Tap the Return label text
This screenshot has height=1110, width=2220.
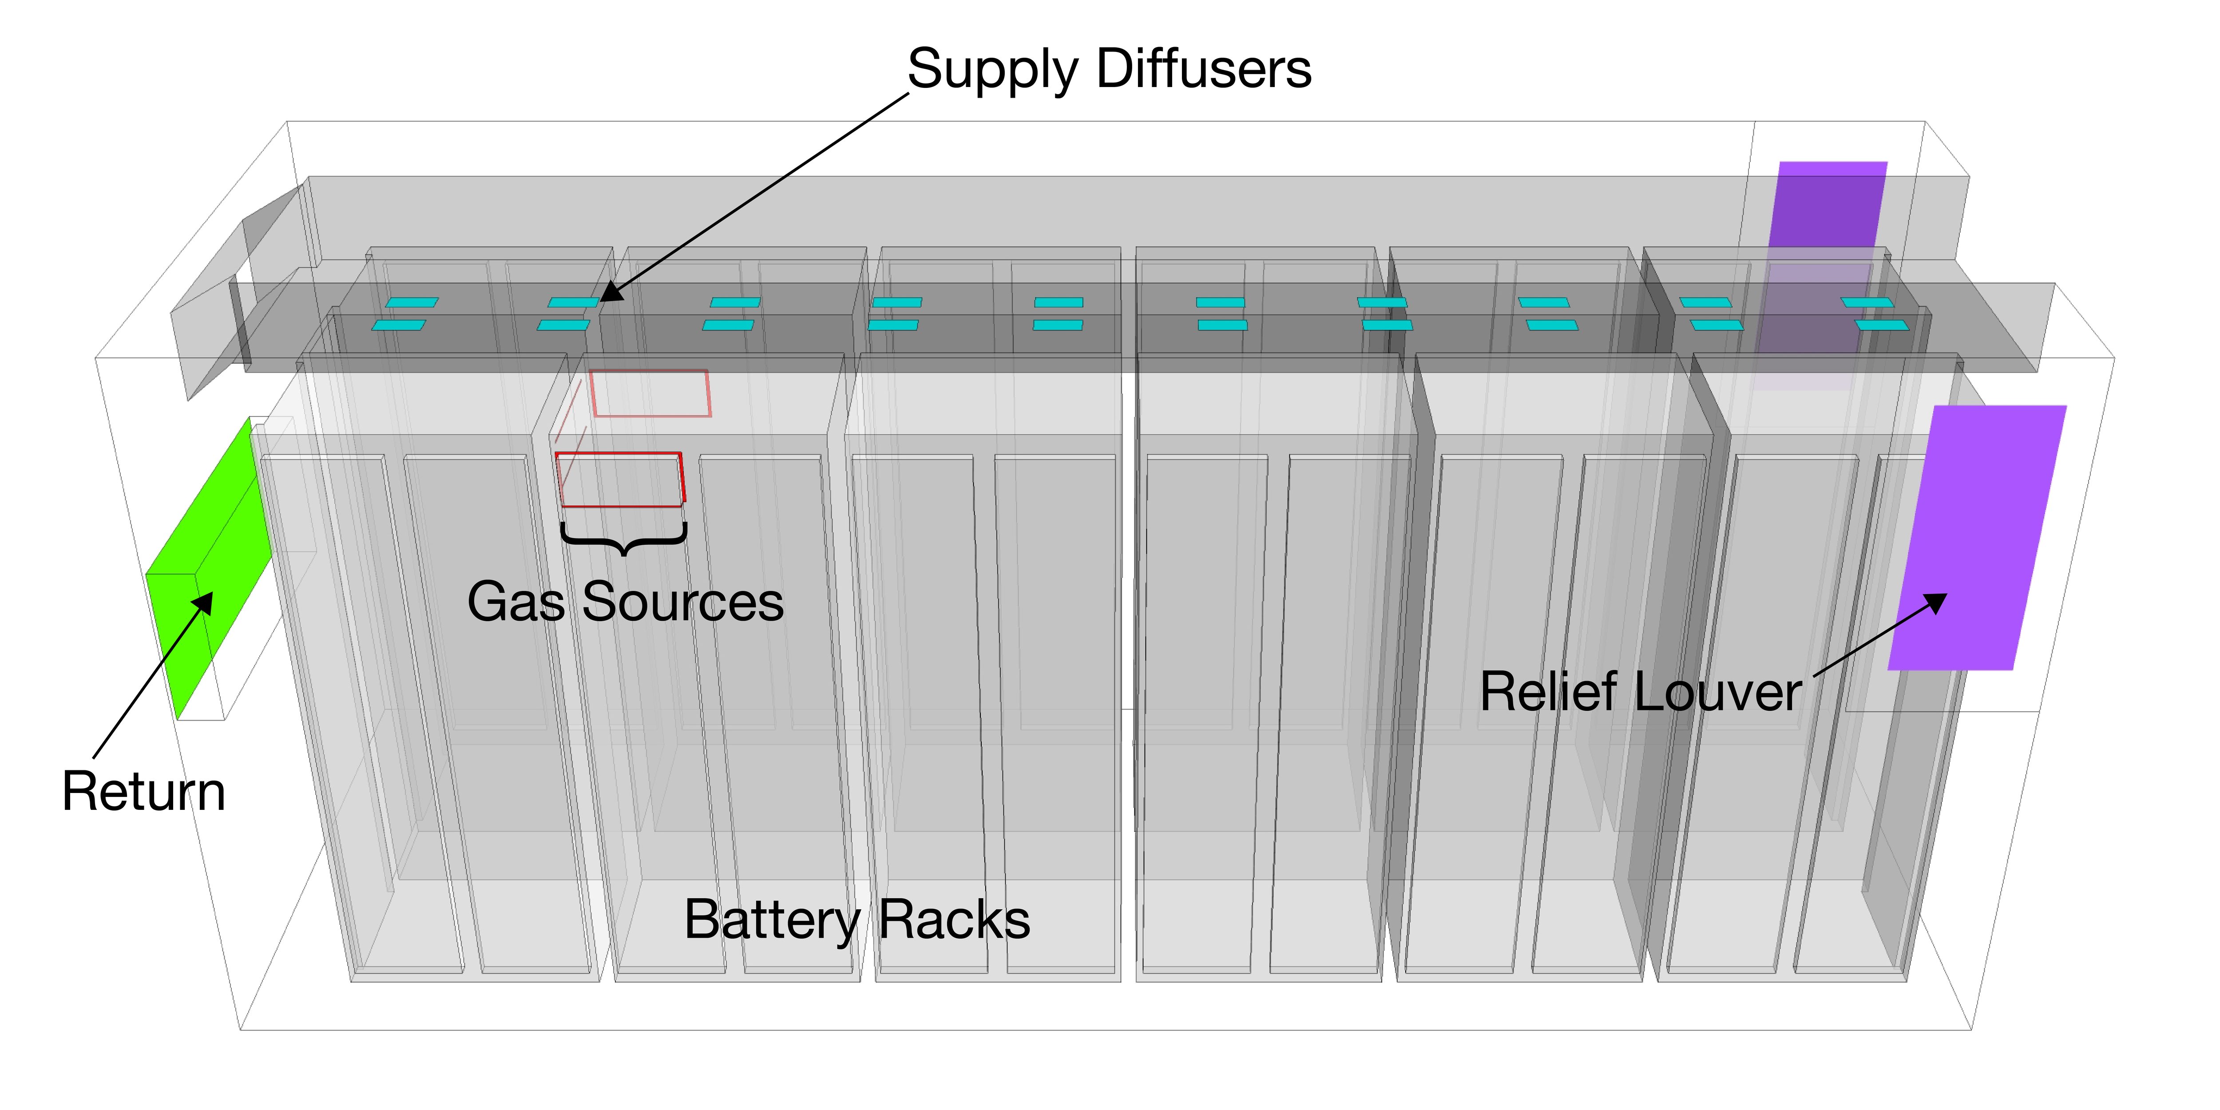(144, 791)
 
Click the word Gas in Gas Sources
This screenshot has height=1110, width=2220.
(515, 602)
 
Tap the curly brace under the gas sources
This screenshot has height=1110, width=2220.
(623, 539)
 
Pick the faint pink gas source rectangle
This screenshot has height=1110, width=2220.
(650, 393)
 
